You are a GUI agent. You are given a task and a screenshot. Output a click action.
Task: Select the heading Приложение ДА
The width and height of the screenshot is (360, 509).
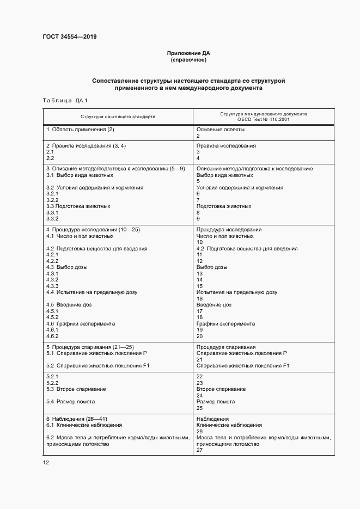coord(188,53)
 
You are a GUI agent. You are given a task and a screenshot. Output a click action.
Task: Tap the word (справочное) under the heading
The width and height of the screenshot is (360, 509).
coord(188,60)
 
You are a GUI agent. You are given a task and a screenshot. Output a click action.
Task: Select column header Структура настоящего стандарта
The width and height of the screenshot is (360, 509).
coord(118,116)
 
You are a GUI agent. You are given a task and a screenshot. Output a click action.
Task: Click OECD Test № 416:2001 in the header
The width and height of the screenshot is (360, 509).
coord(263,119)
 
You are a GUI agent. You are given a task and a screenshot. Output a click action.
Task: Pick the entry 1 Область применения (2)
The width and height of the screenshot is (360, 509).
coord(80,130)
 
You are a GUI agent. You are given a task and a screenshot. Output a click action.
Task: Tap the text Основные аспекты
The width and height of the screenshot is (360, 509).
coord(220,130)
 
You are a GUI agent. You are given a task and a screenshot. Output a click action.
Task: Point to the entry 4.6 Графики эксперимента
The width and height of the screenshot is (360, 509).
coord(81,323)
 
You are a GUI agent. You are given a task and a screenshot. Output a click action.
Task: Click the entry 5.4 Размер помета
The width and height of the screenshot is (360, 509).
coord(70,402)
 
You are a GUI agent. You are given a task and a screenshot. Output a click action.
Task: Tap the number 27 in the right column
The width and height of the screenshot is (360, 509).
coord(199,450)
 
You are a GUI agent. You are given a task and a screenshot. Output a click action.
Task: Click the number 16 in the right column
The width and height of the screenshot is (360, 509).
coord(199,298)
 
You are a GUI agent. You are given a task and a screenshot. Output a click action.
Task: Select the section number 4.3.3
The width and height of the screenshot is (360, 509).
coord(52,286)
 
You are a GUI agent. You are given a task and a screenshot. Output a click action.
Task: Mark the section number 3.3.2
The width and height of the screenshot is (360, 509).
coord(52,218)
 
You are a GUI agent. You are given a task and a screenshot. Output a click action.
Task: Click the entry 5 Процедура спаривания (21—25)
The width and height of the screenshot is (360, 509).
coord(89,346)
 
